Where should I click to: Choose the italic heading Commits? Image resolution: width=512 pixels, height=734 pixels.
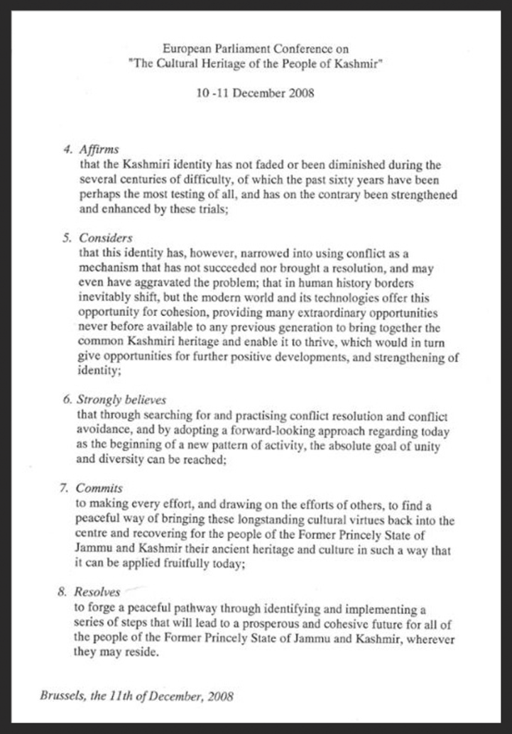point(100,488)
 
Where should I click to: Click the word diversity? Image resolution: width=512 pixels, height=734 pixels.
point(129,459)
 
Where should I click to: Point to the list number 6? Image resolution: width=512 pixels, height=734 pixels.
point(67,400)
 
